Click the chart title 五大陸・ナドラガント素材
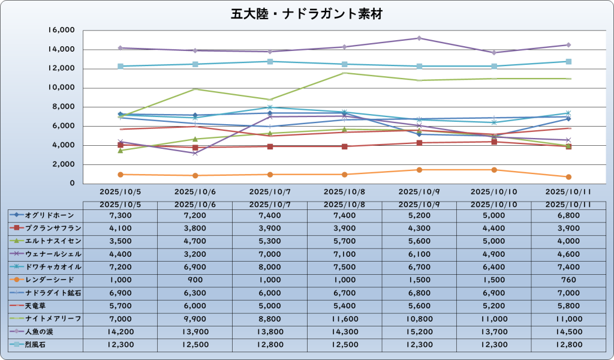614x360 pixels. pyautogui.click(x=306, y=14)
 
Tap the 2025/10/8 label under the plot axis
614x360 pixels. pyautogui.click(x=344, y=192)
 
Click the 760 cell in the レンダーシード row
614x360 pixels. pyautogui.click(x=568, y=280)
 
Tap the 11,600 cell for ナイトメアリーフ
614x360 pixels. pyautogui.click(x=344, y=318)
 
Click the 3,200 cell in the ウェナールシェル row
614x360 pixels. pyautogui.click(x=195, y=254)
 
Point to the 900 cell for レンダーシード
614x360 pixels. pyautogui.click(x=195, y=280)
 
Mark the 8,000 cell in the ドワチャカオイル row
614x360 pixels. pyautogui.click(x=270, y=266)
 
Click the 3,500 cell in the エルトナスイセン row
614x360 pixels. pyautogui.click(x=121, y=241)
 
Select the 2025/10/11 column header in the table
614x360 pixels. pyautogui.click(x=568, y=205)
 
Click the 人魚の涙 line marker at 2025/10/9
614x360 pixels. pyautogui.click(x=419, y=38)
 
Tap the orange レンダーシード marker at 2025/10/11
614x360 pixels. pyautogui.click(x=568, y=177)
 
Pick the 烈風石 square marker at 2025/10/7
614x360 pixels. pyautogui.click(x=270, y=61)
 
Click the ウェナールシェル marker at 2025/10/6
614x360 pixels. pyautogui.click(x=195, y=154)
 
